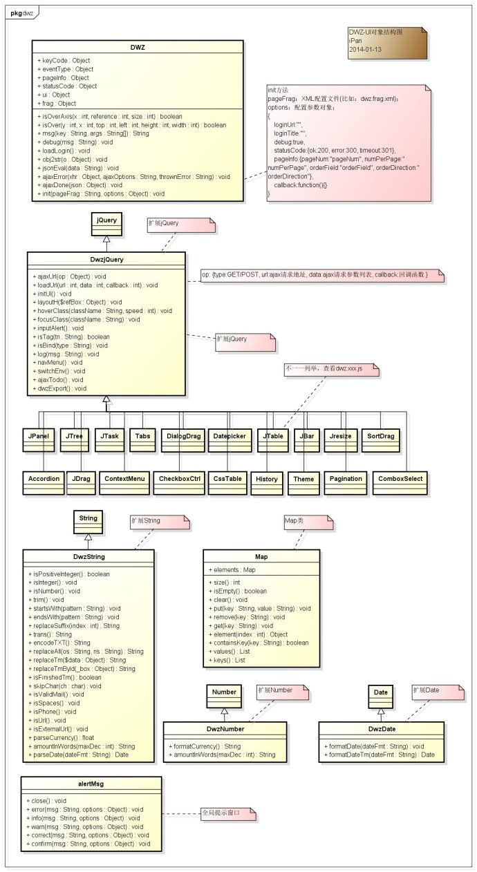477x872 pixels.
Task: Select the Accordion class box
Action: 44,478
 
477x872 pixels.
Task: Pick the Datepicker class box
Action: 229,437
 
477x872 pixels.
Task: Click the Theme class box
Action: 303,478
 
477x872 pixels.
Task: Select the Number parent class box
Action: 224,692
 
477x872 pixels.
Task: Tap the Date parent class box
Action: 380,692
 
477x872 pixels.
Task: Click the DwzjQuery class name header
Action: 106,260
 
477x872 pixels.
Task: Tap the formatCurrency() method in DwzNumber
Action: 205,746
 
